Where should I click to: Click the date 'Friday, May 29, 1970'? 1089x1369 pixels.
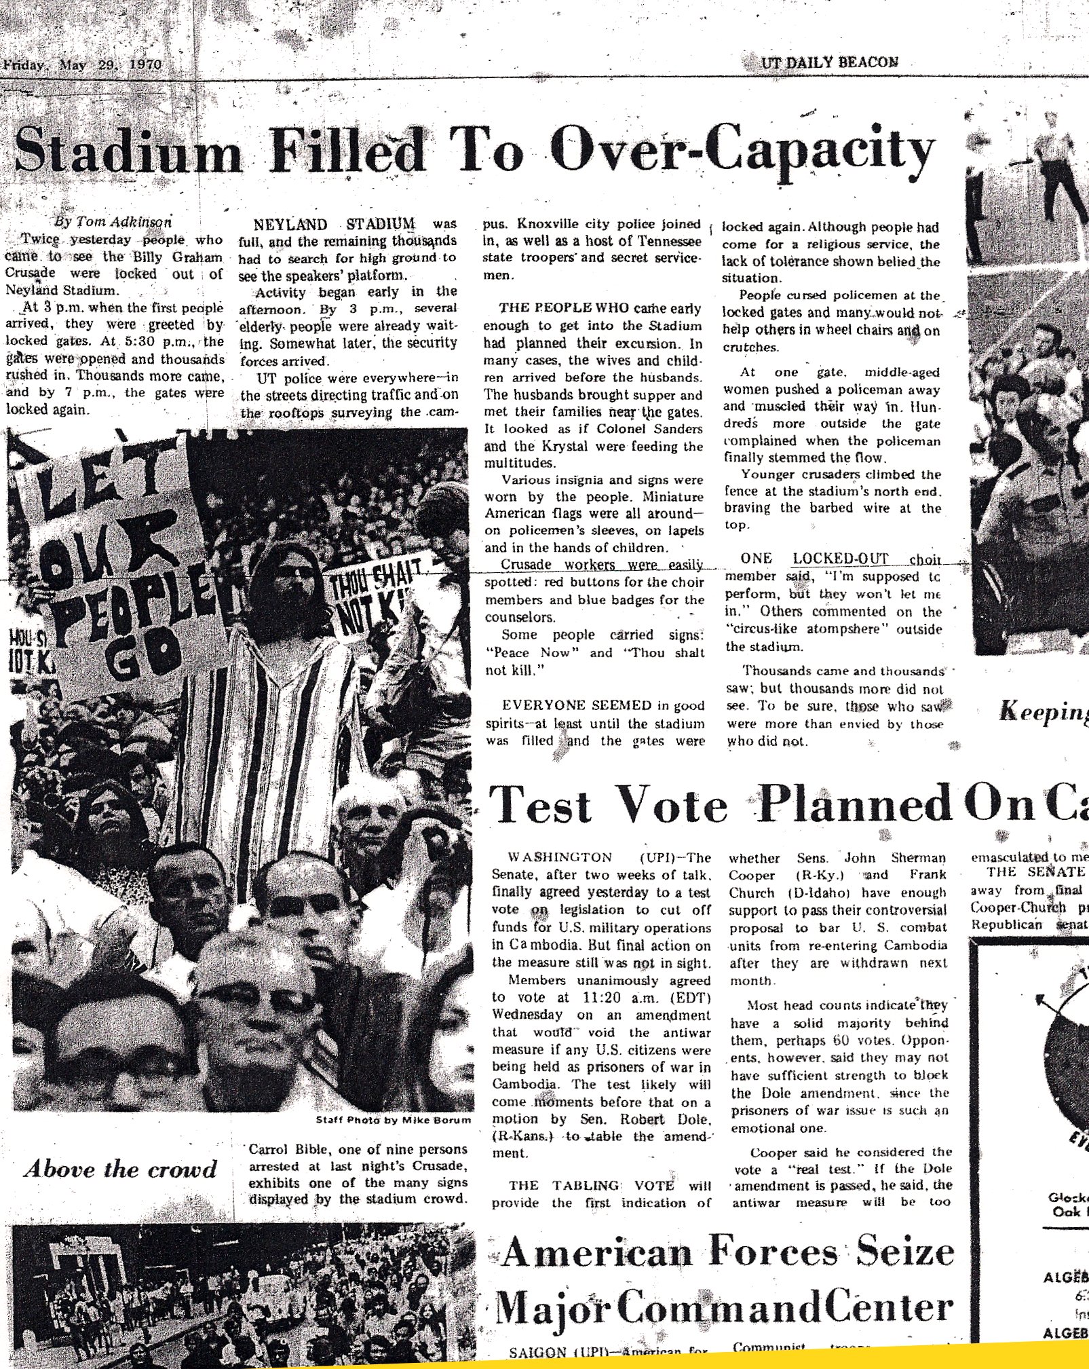(83, 65)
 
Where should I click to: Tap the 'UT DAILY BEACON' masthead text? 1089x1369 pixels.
(830, 62)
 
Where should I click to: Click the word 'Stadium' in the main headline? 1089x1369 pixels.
(128, 151)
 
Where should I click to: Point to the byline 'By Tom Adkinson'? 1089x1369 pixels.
(113, 221)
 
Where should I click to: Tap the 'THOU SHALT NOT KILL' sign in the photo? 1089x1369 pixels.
(370, 594)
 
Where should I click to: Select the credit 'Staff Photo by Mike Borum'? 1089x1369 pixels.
(393, 1120)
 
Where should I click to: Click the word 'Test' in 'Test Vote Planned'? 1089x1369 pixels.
(541, 806)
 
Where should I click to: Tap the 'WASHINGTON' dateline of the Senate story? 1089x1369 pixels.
(560, 857)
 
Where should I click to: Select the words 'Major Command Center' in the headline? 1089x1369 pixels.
(724, 1309)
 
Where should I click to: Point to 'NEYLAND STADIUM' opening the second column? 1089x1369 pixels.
(334, 224)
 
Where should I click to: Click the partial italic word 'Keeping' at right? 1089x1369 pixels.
(1044, 712)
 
